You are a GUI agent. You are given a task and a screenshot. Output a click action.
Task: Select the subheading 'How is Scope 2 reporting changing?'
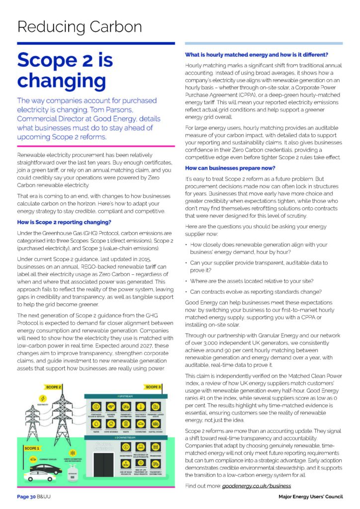pyautogui.click(x=61, y=222)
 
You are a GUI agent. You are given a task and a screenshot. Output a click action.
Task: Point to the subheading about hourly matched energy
pyautogui.click(x=257, y=55)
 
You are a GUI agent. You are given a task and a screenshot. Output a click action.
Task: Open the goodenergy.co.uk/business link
pyautogui.click(x=257, y=485)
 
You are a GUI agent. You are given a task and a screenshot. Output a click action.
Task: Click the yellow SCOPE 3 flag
pyautogui.click(x=153, y=386)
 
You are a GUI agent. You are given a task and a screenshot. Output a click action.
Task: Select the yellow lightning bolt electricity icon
pyautogui.click(x=43, y=399)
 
